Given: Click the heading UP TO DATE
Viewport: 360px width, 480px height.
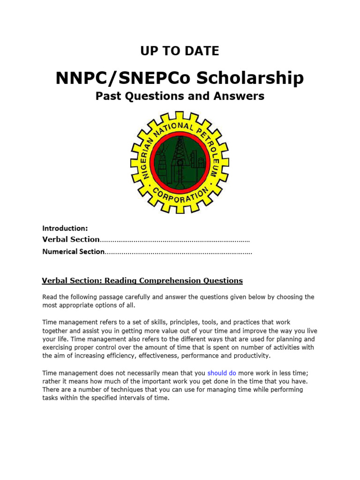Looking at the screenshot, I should tap(180, 51).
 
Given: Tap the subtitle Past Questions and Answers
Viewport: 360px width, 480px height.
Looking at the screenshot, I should tap(180, 96).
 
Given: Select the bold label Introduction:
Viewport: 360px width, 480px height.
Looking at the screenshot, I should tap(65, 228).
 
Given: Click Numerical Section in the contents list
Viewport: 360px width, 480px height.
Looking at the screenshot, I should tap(73, 252).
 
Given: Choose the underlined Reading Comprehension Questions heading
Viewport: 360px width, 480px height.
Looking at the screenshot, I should tap(173, 281).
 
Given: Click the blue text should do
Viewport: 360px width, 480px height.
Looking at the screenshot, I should tap(222, 373).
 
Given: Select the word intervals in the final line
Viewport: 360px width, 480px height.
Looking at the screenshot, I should tap(127, 398).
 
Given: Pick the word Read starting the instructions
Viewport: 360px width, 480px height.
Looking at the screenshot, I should tap(50, 297).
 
